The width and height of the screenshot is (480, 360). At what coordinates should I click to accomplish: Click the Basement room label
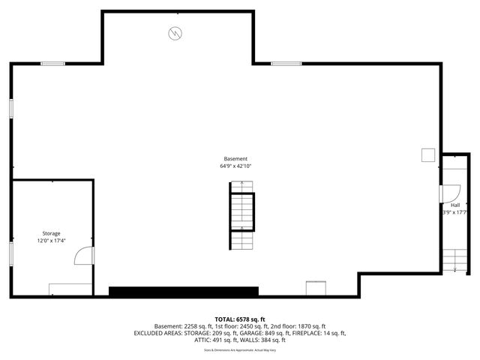(x=235, y=158)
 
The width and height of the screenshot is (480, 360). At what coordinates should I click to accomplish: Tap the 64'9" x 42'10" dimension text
(x=235, y=166)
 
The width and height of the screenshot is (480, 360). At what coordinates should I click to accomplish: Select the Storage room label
(x=51, y=233)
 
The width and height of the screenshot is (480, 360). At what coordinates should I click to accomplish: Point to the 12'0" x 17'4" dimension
(x=51, y=241)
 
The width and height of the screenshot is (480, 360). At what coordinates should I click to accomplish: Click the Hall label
(x=455, y=205)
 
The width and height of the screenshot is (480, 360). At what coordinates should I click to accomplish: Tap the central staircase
(x=241, y=214)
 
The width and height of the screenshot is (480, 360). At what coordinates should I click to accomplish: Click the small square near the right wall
(x=428, y=154)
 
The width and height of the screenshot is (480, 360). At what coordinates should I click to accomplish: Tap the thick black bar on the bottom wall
(x=184, y=291)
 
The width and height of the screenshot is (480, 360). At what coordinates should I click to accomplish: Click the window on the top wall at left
(x=52, y=64)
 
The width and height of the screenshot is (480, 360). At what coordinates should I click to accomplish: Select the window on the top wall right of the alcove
(x=286, y=64)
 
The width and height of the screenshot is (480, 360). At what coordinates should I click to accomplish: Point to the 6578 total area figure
(x=252, y=319)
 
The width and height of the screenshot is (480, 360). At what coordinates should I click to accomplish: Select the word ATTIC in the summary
(x=202, y=340)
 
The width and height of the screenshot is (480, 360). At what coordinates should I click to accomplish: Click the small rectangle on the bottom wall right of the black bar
(x=316, y=288)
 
